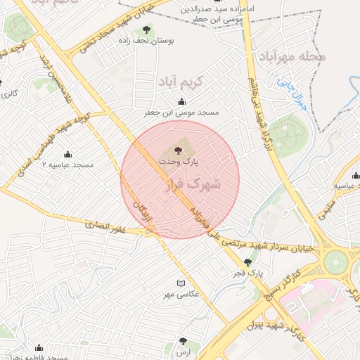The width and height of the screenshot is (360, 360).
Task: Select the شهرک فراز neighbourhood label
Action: pyautogui.click(x=191, y=184)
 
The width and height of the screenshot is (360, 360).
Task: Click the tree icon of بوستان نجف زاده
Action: pyautogui.click(x=146, y=29)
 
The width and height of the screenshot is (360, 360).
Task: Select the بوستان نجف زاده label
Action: pyautogui.click(x=146, y=41)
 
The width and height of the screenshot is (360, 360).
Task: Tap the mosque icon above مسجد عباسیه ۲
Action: pyautogui.click(x=68, y=154)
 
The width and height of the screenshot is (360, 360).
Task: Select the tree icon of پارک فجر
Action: pyautogui.click(x=247, y=262)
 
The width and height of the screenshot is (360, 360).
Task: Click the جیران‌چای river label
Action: pyautogui.click(x=286, y=90)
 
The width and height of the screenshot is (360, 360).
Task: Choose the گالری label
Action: pyautogui.click(x=11, y=93)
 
